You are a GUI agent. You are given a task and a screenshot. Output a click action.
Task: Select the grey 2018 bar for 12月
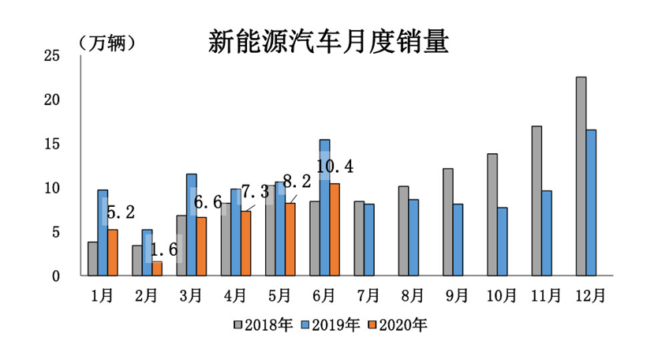pyautogui.click(x=581, y=176)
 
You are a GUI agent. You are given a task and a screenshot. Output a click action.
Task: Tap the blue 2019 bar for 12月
pyautogui.click(x=591, y=203)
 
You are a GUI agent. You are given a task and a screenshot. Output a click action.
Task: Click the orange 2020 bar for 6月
pyautogui.click(x=335, y=230)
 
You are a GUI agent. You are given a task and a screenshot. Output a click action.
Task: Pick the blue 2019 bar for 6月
pyautogui.click(x=324, y=208)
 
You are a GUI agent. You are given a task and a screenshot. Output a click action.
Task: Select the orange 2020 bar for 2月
pyautogui.click(x=157, y=268)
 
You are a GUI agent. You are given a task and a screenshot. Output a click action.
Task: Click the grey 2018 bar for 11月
pyautogui.click(x=537, y=201)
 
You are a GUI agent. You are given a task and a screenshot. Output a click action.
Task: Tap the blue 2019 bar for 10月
pyautogui.click(x=503, y=242)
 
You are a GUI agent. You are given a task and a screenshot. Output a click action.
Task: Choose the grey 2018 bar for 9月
pyautogui.click(x=448, y=222)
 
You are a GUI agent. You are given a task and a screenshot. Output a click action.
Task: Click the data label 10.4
pyautogui.click(x=335, y=167)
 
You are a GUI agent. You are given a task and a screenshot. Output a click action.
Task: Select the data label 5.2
pyautogui.click(x=121, y=212)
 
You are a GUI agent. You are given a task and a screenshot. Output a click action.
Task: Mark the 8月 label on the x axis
pyautogui.click(x=413, y=296)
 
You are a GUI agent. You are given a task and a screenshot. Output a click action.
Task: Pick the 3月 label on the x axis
pyautogui.click(x=191, y=296)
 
